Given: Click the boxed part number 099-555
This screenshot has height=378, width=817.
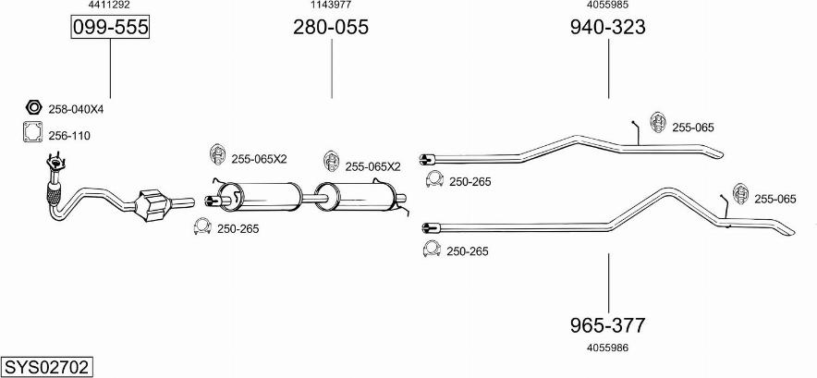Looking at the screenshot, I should [111, 28].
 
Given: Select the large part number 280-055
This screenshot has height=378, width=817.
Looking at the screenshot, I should [331, 28].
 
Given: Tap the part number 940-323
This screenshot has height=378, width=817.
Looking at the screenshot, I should [607, 28].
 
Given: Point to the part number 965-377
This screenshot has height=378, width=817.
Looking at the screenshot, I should [607, 325].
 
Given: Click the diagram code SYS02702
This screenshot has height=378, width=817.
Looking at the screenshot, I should [46, 367].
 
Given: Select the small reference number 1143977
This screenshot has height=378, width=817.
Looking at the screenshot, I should [331, 6].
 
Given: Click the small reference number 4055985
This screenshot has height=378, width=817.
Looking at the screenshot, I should [607, 6].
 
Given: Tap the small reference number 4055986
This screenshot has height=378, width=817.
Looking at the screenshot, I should [607, 348].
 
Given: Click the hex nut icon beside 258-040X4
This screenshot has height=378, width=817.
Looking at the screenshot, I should [32, 108].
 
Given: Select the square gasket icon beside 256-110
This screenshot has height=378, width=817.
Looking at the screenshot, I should [32, 134].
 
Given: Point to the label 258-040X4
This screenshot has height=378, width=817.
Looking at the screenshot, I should [76, 109].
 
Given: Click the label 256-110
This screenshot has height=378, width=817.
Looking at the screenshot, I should [69, 136].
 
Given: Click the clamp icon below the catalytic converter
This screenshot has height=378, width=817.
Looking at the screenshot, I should [201, 227].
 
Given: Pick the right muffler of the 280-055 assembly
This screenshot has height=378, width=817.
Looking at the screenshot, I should [365, 196].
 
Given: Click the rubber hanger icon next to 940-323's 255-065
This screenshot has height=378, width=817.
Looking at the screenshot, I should [659, 123].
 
